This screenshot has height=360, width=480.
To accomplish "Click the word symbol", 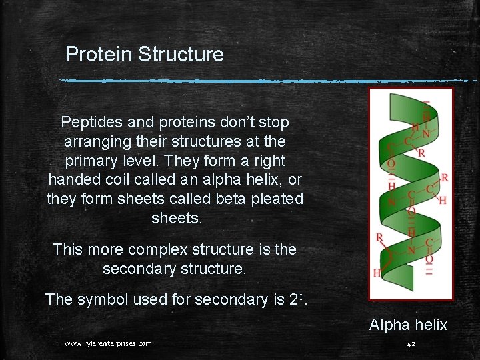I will pyautogui.click(x=104, y=299).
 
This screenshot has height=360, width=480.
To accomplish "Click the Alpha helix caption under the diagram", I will pyautogui.click(x=408, y=325).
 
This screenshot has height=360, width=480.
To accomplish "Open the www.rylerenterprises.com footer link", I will pyautogui.click(x=108, y=343).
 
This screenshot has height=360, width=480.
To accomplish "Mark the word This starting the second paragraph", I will pyautogui.click(x=69, y=250).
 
